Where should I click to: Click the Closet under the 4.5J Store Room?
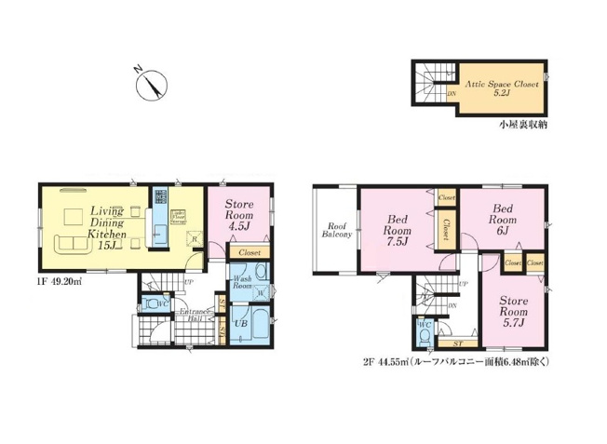[250, 252]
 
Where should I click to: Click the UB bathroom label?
[241, 323]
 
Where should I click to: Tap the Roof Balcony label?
[336, 231]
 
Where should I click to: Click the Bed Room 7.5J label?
[395, 230]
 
